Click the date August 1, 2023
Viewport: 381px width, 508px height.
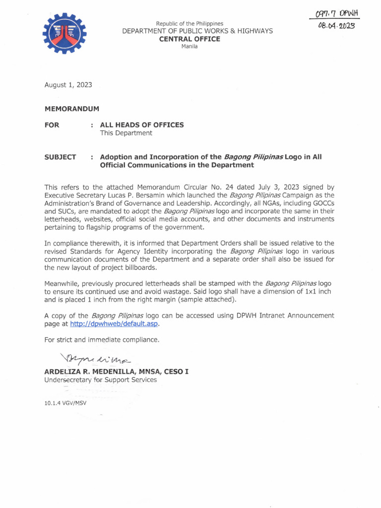point(68,85)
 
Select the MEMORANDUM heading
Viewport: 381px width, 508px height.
point(72,109)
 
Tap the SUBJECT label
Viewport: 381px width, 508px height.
point(60,157)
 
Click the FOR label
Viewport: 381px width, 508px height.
point(52,125)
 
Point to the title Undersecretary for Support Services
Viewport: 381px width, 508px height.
point(101,380)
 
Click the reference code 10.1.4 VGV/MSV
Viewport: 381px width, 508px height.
point(65,403)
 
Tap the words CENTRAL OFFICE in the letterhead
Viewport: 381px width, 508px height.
point(190,39)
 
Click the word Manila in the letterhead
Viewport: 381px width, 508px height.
point(190,46)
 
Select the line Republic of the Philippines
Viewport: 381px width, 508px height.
point(190,23)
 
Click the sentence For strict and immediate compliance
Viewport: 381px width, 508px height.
point(102,340)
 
